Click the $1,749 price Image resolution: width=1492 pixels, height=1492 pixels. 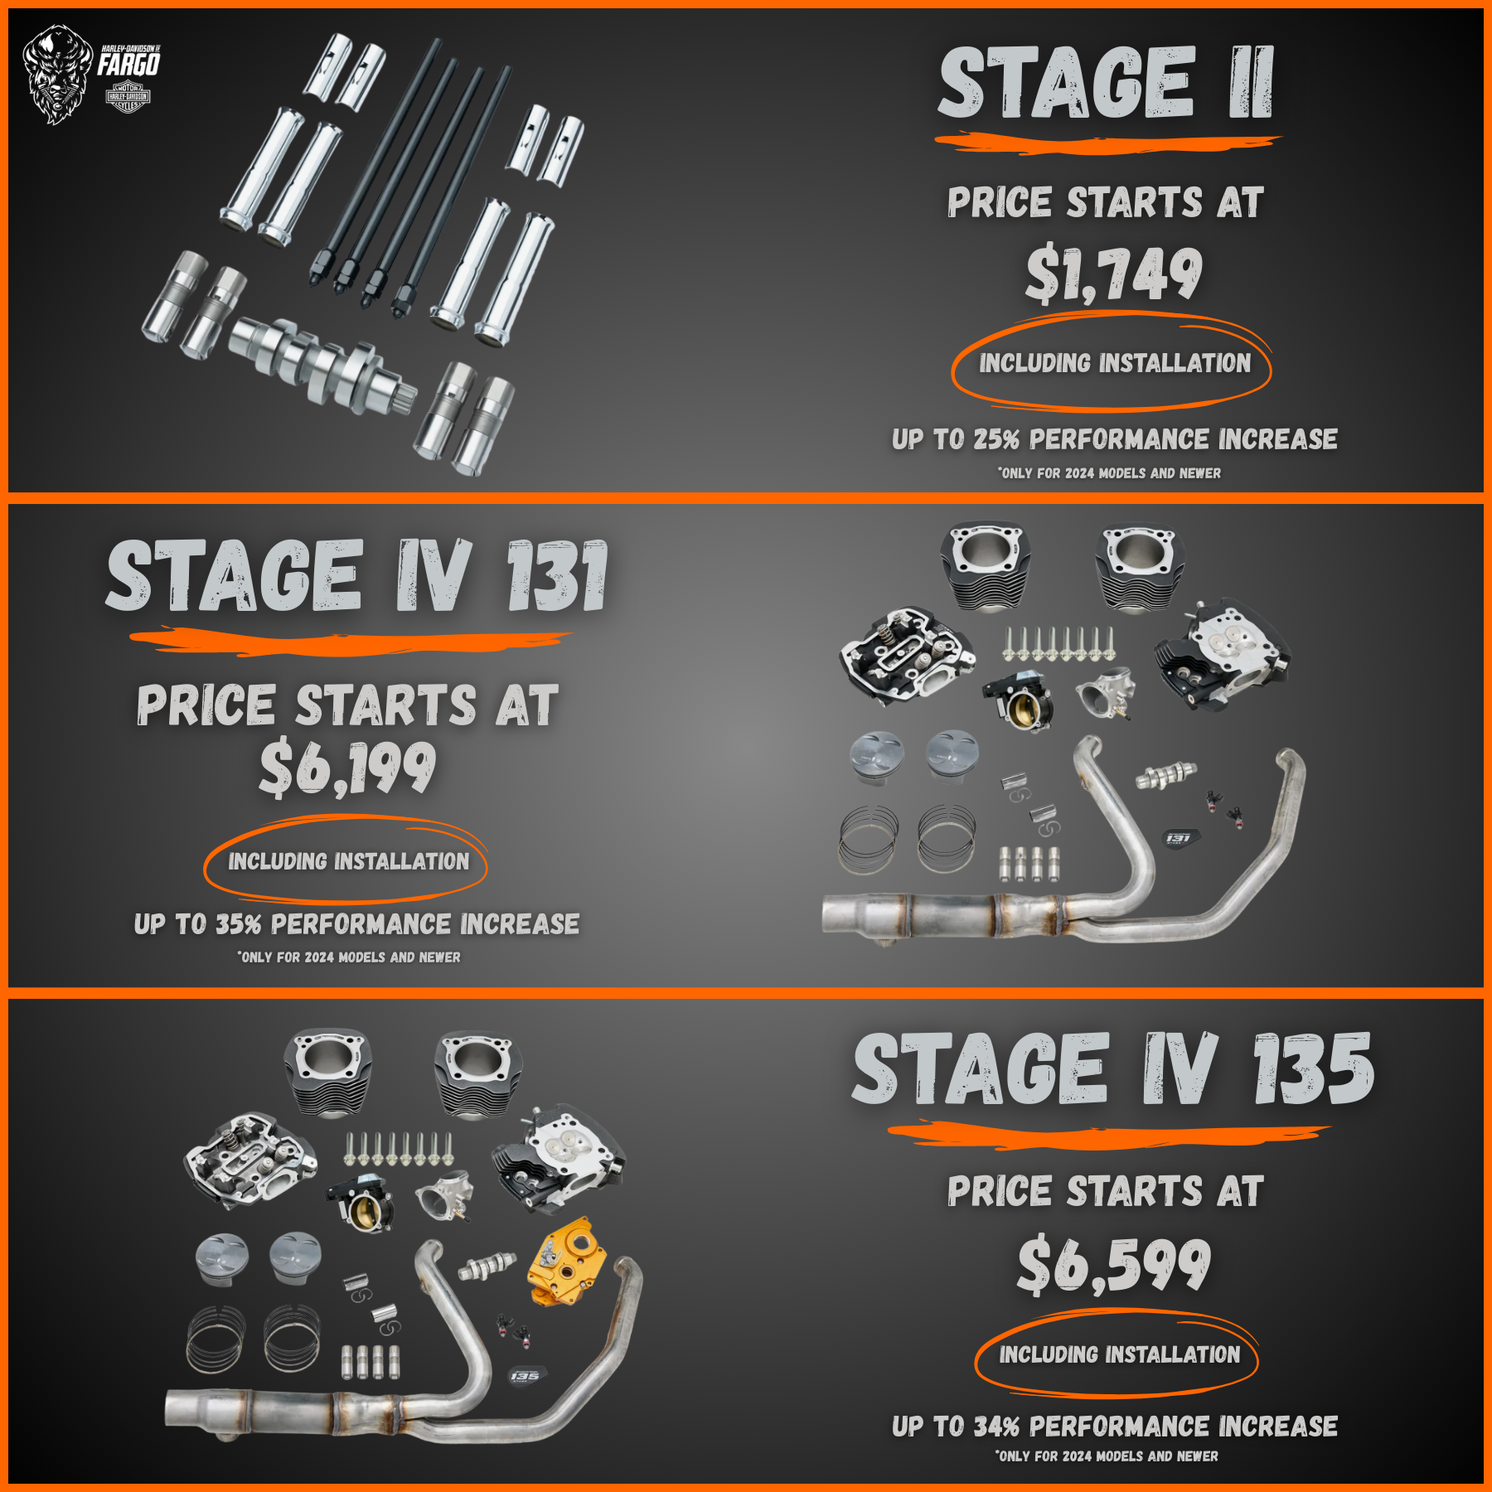pos(1113,274)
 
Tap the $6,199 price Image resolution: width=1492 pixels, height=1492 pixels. pos(347,768)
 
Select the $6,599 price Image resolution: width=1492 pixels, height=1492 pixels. pos(1114,1264)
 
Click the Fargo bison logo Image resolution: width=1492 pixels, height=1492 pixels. pos(57,75)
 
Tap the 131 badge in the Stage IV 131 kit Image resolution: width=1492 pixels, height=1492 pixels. pos(1178,838)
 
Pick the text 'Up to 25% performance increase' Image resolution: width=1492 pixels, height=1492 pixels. pos(1114,439)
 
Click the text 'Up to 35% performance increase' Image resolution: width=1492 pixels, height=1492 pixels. pos(356,924)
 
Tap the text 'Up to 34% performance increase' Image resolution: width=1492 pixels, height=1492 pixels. pos(1114,1427)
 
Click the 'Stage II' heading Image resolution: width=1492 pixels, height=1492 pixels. pos(1106,82)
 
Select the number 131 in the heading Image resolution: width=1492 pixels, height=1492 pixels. pos(557,576)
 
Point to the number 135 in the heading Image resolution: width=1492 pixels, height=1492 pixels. pos(1313,1069)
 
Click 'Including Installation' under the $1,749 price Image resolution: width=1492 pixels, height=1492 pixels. pos(1114,363)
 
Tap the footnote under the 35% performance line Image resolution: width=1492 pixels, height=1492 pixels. pos(348,957)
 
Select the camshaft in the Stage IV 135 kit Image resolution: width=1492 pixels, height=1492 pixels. pos(487,1266)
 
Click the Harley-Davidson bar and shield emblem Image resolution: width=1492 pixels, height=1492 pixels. pos(128,97)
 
